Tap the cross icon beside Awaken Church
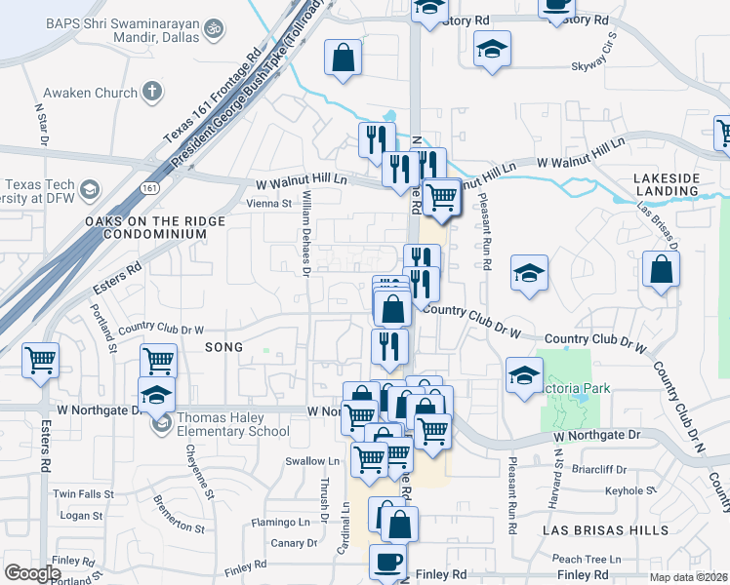tap(151, 93)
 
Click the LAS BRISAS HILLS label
tap(605, 529)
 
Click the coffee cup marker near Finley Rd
tap(387, 563)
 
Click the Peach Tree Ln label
tap(586, 560)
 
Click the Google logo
tap(32, 573)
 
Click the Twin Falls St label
tap(77, 493)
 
